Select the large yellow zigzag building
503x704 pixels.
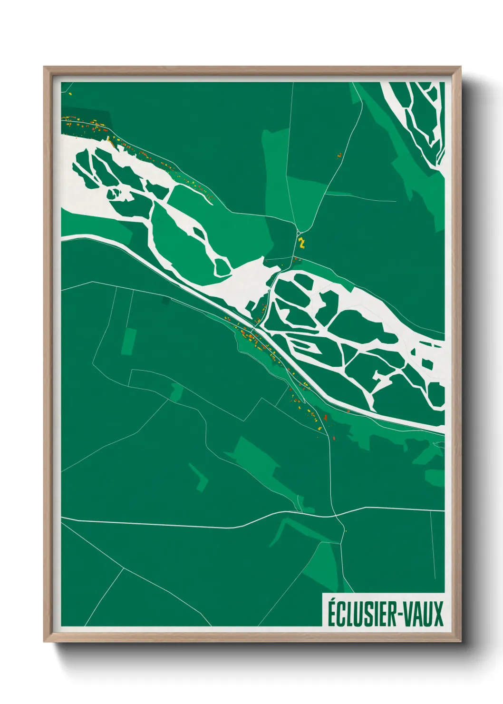pyautogui.click(x=301, y=243)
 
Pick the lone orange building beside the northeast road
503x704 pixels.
pyautogui.click(x=339, y=155)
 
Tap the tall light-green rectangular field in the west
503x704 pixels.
pyautogui.click(x=128, y=341)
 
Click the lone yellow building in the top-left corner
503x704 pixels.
pyautogui.click(x=70, y=94)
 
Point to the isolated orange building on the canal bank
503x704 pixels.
pyautogui.click(x=348, y=411)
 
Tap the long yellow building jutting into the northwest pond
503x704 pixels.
pyautogui.click(x=109, y=139)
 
